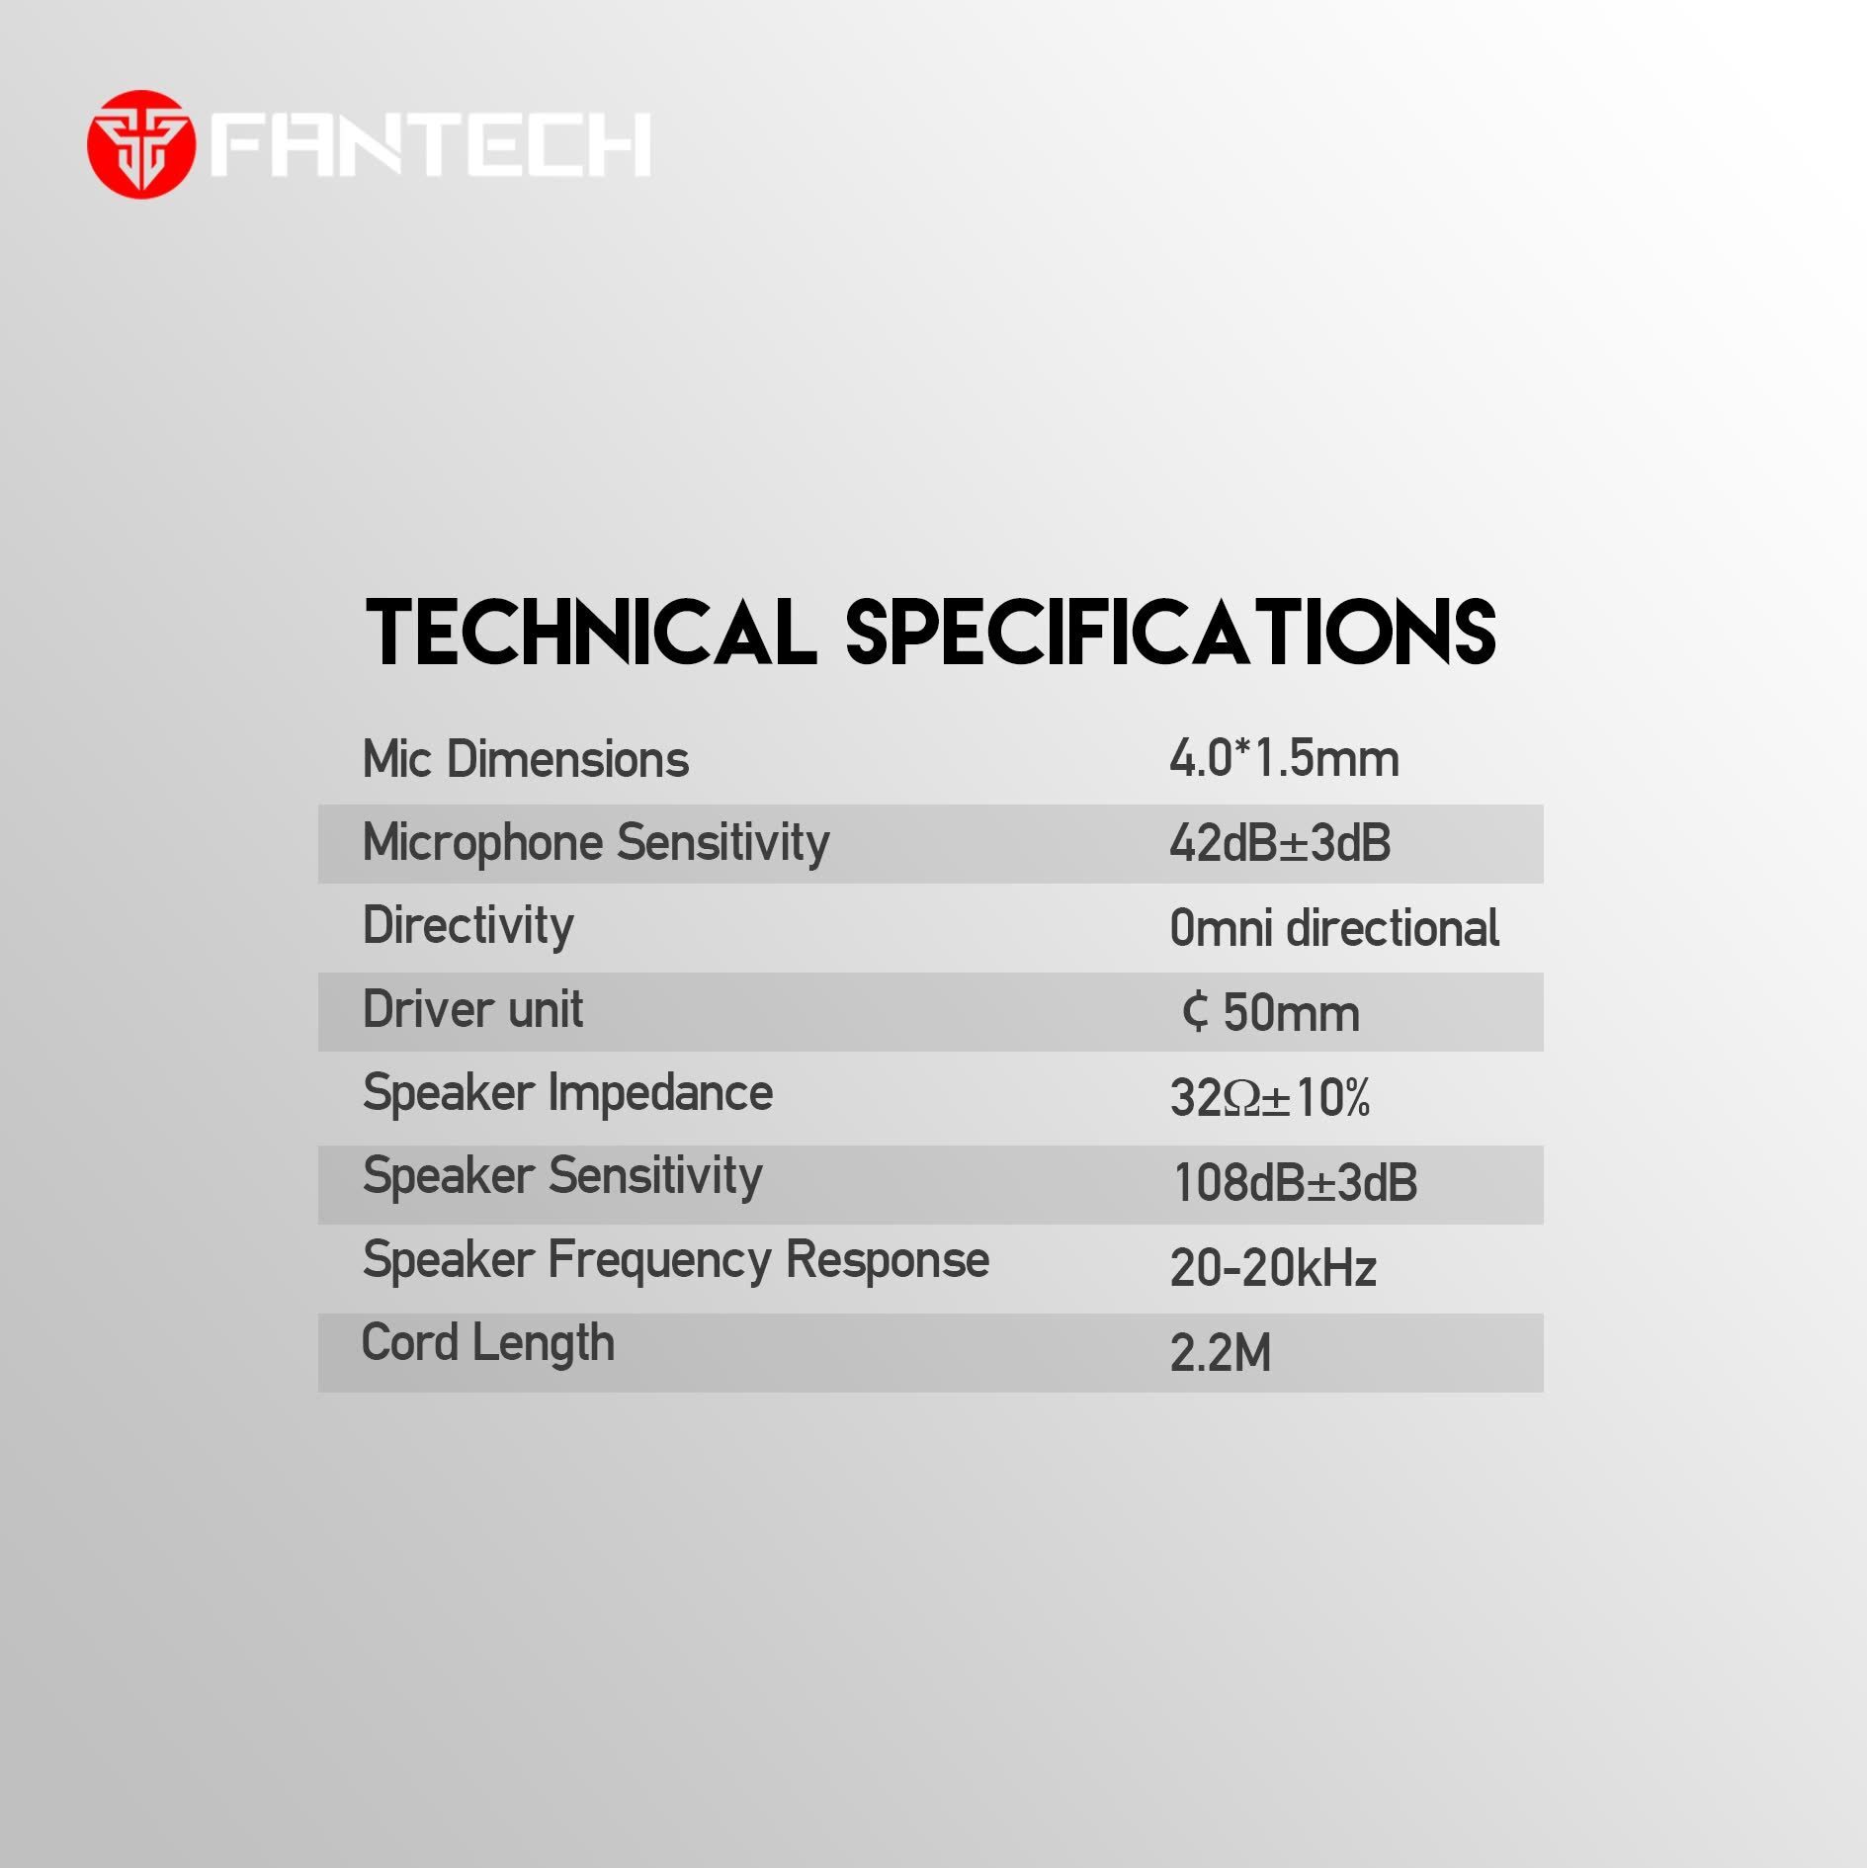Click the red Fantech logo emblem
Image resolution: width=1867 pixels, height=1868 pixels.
point(140,144)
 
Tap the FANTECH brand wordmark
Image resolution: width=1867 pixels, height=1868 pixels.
point(431,144)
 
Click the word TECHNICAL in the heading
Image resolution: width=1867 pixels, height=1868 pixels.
point(591,633)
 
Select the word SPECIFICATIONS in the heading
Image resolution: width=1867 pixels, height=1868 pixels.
point(1170,633)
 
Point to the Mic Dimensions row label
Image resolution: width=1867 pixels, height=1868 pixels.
point(525,759)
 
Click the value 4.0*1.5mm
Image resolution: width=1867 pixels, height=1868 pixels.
point(1284,759)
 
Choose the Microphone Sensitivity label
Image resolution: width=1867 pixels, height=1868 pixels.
point(596,843)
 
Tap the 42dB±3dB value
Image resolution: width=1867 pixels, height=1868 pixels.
point(1280,844)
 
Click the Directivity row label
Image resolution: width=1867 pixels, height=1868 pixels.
point(467,926)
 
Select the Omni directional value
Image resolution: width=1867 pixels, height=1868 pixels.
point(1334,928)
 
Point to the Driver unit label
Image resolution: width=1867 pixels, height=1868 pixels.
point(472,1009)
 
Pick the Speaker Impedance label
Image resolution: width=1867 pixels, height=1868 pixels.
point(567,1093)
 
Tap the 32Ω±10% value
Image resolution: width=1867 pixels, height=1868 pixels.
point(1269,1097)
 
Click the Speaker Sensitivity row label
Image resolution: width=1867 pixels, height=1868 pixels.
point(562,1177)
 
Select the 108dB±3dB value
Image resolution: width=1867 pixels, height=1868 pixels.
point(1295,1182)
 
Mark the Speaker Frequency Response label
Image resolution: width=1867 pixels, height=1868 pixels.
point(675,1261)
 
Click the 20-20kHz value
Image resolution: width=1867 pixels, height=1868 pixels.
point(1273,1268)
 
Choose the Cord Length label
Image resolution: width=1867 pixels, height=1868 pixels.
point(487,1344)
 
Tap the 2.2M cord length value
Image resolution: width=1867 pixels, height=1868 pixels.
point(1221,1353)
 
